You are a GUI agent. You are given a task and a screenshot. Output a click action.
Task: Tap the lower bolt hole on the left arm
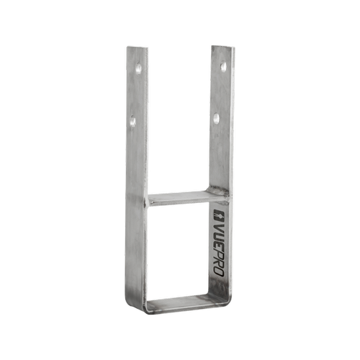click(x=133, y=122)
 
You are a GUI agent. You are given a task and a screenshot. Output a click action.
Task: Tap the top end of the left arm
click(x=137, y=48)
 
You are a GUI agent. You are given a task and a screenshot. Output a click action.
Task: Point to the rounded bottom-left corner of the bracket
click(x=130, y=308)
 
